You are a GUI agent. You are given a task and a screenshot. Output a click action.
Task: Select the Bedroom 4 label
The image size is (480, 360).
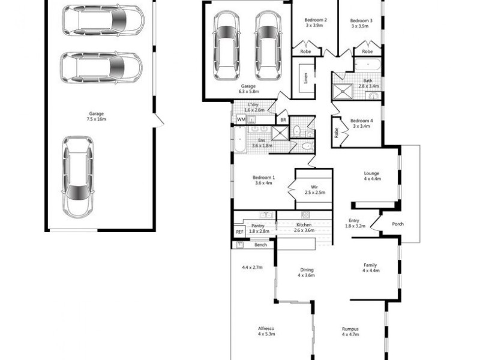pos(361,121)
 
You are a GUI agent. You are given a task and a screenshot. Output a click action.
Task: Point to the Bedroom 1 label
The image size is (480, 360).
pos(264,178)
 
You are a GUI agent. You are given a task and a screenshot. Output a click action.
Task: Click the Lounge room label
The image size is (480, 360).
pos(371,175)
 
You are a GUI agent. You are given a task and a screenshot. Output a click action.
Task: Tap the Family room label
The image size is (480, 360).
pos(370,265)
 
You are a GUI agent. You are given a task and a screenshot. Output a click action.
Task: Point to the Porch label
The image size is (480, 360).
pos(397,224)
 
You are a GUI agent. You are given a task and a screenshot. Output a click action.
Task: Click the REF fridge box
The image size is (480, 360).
pos(239,231)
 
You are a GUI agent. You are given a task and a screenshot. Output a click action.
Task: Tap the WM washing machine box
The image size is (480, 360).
pos(241,120)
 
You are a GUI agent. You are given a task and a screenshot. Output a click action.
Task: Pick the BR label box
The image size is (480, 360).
pos(283,120)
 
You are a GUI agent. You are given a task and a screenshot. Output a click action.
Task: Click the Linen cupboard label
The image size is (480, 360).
pos(305,79)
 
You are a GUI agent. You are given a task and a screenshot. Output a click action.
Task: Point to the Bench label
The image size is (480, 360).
pos(260,245)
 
